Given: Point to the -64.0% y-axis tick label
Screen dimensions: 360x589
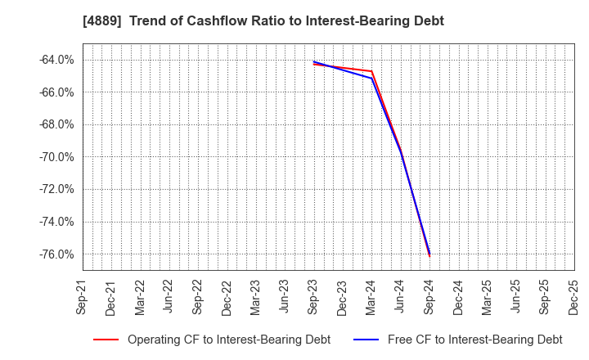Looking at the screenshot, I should [56, 60].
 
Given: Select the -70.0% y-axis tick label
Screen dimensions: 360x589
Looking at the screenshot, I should [56, 157].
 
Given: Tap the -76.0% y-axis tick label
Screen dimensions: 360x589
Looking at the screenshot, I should [56, 254].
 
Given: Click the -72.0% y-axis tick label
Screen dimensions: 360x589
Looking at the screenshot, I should [56, 189].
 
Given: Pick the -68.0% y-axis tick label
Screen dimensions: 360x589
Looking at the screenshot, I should [56, 124].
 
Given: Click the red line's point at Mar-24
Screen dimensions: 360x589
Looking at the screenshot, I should [371, 71].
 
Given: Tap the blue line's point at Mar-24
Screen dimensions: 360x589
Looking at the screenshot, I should [371, 79].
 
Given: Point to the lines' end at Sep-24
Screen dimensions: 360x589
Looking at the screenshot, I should [429, 254].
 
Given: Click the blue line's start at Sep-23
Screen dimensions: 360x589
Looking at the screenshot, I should [313, 61].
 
